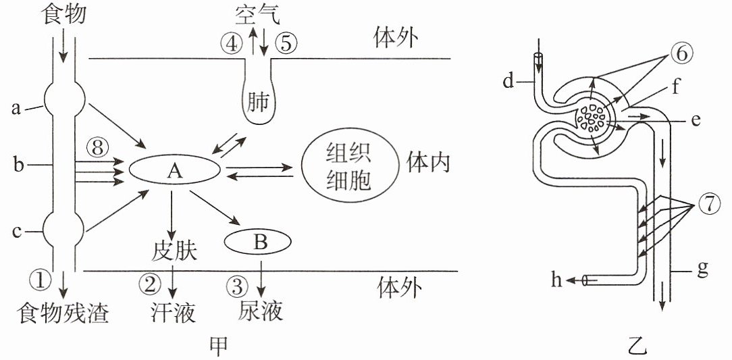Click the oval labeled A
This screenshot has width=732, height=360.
click(174, 172)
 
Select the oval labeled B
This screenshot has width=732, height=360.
click(258, 242)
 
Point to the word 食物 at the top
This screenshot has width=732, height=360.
click(64, 14)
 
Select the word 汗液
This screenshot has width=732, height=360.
click(173, 313)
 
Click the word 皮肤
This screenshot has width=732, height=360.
click(174, 252)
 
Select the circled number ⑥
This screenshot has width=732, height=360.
click(681, 54)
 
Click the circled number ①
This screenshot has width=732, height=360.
click(40, 280)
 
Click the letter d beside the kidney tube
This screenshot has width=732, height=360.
click(508, 81)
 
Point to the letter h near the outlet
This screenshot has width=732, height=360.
click(557, 280)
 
